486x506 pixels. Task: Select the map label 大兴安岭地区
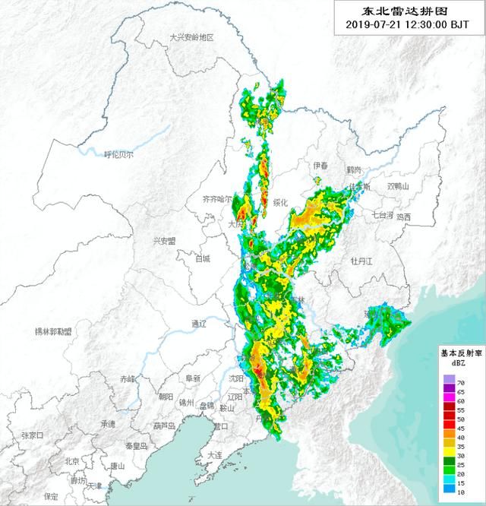point(192,37)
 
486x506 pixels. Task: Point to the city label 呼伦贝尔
point(118,154)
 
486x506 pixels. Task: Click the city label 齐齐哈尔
point(217,199)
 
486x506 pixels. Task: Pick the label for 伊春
point(320,166)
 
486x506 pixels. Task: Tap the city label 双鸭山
point(398,186)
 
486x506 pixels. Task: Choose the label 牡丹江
point(361,261)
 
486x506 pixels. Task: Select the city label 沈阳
point(236,378)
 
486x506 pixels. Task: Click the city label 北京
point(71,461)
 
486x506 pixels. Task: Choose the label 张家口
point(32,435)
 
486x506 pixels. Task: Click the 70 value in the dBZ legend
point(459,378)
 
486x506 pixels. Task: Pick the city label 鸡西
point(402,217)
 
